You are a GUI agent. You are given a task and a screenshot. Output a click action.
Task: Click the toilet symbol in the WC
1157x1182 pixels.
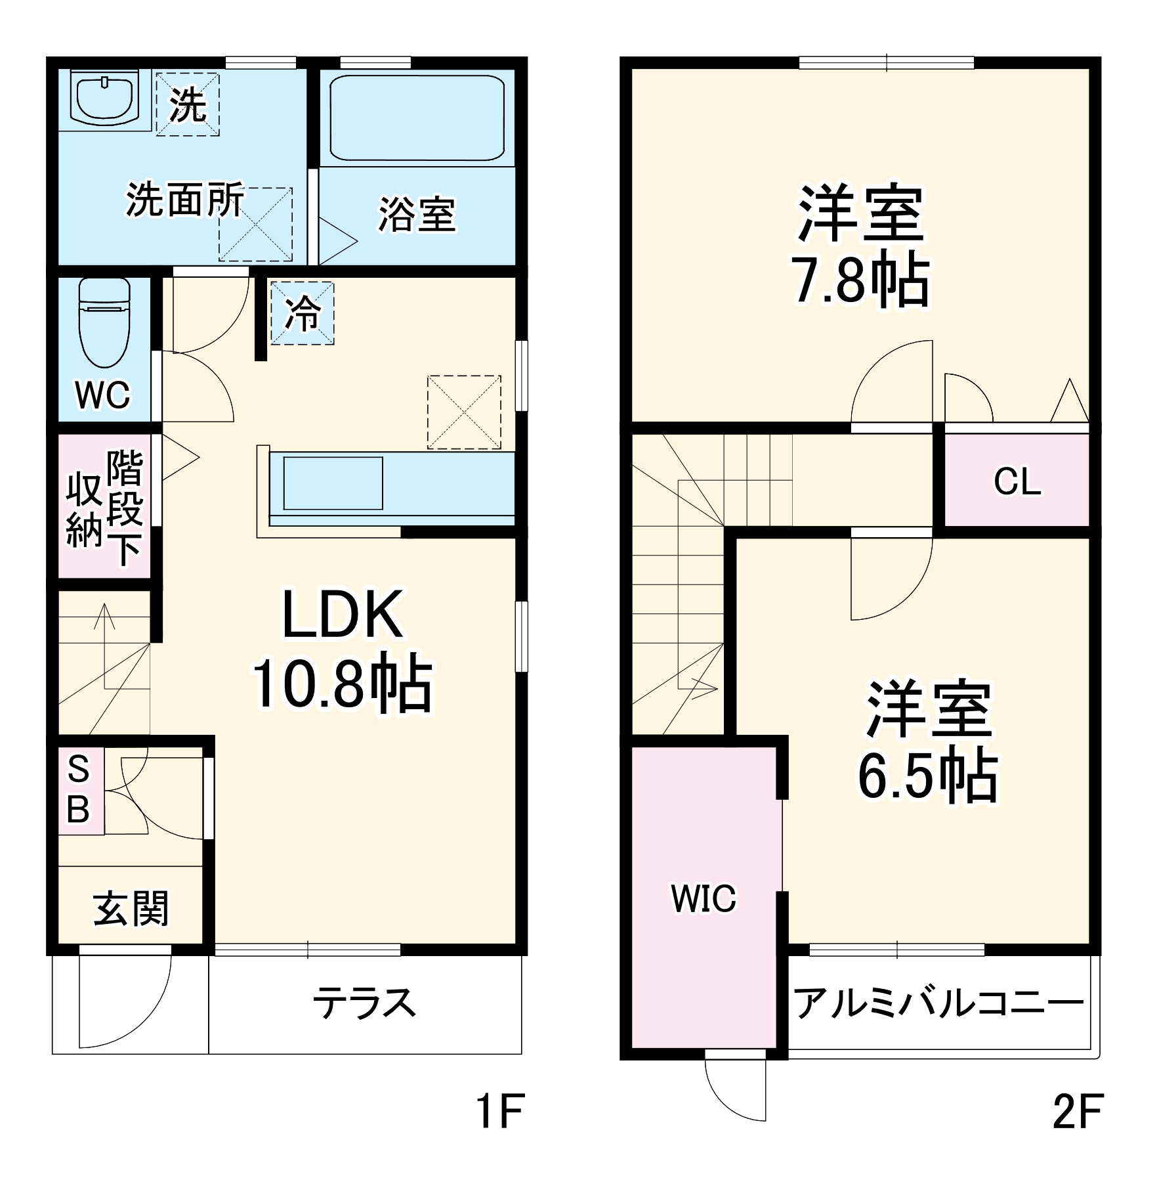pyautogui.click(x=104, y=324)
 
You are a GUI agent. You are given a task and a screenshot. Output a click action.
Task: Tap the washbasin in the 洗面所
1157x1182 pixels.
pyautogui.click(x=106, y=98)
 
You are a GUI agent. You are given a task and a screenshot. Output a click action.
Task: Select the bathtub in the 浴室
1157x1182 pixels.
pyautogui.click(x=417, y=118)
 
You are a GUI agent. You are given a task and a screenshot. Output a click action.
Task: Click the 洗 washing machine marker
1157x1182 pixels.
pyautogui.click(x=188, y=104)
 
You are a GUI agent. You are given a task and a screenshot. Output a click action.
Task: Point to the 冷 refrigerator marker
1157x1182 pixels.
pyautogui.click(x=303, y=313)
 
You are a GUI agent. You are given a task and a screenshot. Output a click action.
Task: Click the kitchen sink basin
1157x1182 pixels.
pyautogui.click(x=333, y=483)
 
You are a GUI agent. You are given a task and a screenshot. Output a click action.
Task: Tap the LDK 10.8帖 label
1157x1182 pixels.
pyautogui.click(x=342, y=649)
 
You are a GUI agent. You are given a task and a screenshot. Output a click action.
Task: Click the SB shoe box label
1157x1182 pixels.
pyautogui.click(x=79, y=789)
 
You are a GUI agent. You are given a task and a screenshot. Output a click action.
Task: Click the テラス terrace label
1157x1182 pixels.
pyautogui.click(x=364, y=1003)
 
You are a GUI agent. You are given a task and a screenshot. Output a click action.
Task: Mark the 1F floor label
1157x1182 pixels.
pyautogui.click(x=499, y=1110)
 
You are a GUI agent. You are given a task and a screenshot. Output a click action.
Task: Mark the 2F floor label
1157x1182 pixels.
pyautogui.click(x=1077, y=1110)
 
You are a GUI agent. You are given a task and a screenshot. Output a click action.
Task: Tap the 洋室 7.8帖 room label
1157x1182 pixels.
pyautogui.click(x=860, y=247)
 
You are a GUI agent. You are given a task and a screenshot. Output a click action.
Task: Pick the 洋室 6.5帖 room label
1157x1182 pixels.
pyautogui.click(x=928, y=743)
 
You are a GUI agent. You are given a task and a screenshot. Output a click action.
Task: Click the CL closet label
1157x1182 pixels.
pyautogui.click(x=1017, y=482)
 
